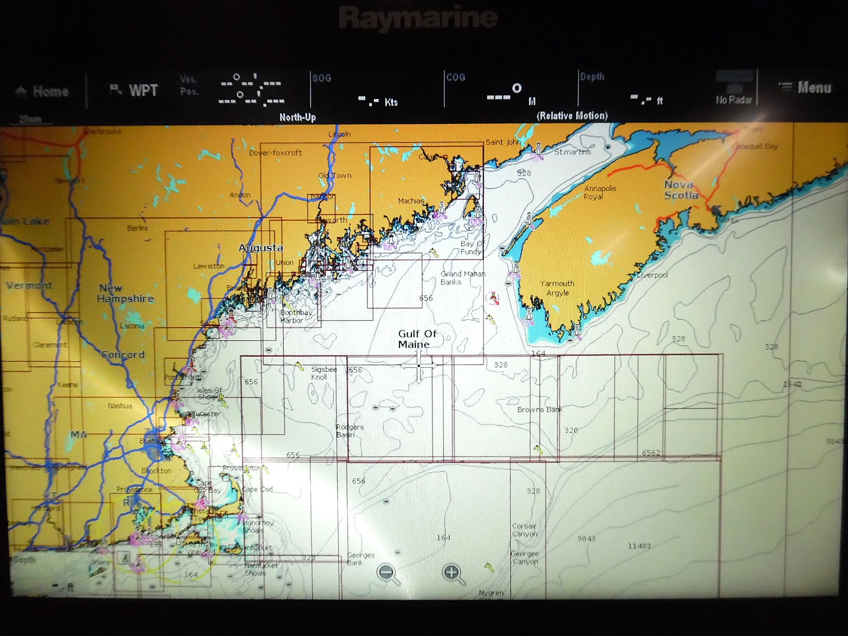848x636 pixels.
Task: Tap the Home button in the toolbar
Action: (43, 91)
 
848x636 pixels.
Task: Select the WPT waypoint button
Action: (135, 90)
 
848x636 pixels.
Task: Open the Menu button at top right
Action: (806, 88)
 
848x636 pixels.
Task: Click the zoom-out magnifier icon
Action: (388, 573)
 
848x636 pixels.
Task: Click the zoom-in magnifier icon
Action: (453, 573)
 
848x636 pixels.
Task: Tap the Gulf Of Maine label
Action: (417, 339)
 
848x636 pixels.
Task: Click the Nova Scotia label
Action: (681, 190)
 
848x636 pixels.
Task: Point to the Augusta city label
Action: (261, 248)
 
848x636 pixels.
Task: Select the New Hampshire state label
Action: (125, 293)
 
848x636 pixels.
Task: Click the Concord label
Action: (123, 354)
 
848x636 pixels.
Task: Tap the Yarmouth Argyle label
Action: (557, 288)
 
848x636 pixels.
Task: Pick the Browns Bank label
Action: (539, 409)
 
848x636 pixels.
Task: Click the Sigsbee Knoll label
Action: (324, 373)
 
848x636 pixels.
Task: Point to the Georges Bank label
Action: (360, 559)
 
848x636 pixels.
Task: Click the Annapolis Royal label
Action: (600, 192)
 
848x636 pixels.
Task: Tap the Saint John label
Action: (503, 142)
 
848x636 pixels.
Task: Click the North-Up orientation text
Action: (297, 117)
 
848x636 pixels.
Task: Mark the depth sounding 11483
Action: (639, 546)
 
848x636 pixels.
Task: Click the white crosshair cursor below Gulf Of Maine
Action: (419, 365)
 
